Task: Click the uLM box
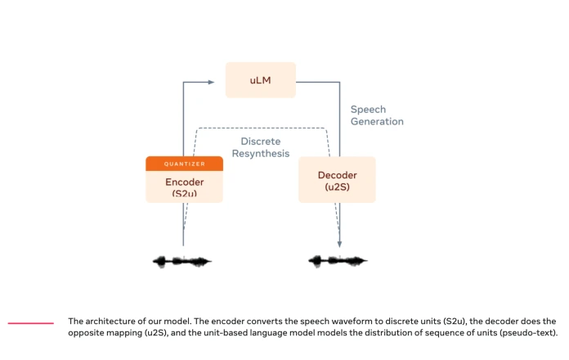point(261,80)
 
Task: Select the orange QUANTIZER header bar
point(184,164)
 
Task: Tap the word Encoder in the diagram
point(184,182)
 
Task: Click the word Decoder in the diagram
point(337,175)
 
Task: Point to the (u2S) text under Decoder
point(337,187)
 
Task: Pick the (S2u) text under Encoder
point(184,193)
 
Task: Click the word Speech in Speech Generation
point(368,110)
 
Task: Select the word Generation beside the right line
point(377,121)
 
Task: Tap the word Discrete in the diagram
point(261,142)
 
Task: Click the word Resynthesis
point(261,154)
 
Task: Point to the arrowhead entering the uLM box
point(211,82)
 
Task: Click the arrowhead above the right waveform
point(339,244)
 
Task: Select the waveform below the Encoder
point(182,261)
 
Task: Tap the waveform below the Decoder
point(338,260)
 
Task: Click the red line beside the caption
point(31,323)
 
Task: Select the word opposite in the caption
point(84,333)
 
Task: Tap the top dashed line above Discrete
point(262,128)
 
